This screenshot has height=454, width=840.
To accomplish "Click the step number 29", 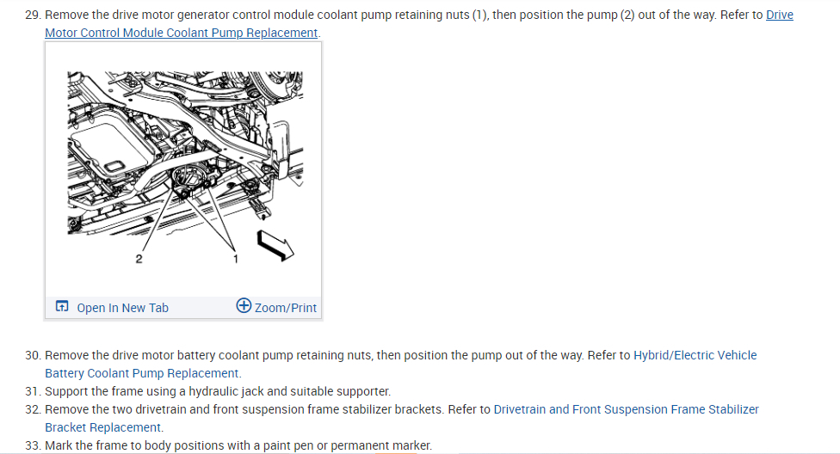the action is [33, 15].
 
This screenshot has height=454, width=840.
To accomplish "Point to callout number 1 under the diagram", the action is [238, 258].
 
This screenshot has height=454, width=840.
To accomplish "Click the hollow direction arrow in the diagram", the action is [276, 244].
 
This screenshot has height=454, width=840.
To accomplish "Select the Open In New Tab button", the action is [121, 308].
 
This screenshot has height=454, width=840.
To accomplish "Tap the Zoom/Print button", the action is [285, 308].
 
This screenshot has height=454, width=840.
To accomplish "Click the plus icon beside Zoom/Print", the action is [244, 307].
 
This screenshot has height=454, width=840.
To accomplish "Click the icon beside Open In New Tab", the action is [62, 307].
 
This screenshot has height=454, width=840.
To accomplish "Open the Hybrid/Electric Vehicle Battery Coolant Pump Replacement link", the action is [695, 355].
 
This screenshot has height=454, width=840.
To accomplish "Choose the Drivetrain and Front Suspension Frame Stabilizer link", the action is [626, 409].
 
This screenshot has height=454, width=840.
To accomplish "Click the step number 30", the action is [33, 355].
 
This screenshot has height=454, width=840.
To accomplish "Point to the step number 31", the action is [33, 391].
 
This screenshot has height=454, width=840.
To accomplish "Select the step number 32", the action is [33, 409].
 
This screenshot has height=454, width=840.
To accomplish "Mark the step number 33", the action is [33, 445].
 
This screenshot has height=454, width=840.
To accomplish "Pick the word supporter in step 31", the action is [364, 391].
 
